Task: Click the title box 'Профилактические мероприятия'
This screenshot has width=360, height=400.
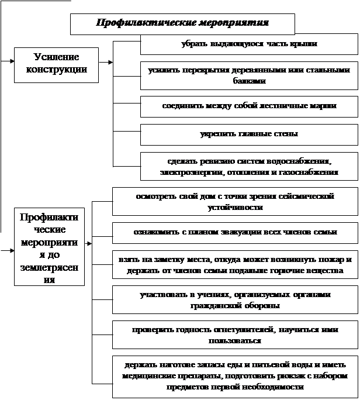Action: click(182, 24)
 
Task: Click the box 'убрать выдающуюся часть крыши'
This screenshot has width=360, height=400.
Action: click(249, 44)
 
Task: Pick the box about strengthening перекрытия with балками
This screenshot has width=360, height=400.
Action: click(249, 75)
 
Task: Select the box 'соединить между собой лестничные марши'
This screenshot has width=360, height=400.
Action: click(249, 106)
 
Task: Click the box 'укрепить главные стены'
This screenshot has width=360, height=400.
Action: click(249, 134)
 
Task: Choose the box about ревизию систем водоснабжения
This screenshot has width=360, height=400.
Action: click(249, 167)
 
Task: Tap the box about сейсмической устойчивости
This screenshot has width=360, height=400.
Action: click(235, 202)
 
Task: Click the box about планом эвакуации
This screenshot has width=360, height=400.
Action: click(235, 232)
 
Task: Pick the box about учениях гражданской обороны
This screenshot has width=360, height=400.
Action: click(235, 300)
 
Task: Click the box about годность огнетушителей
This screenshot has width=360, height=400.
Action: click(235, 335)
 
